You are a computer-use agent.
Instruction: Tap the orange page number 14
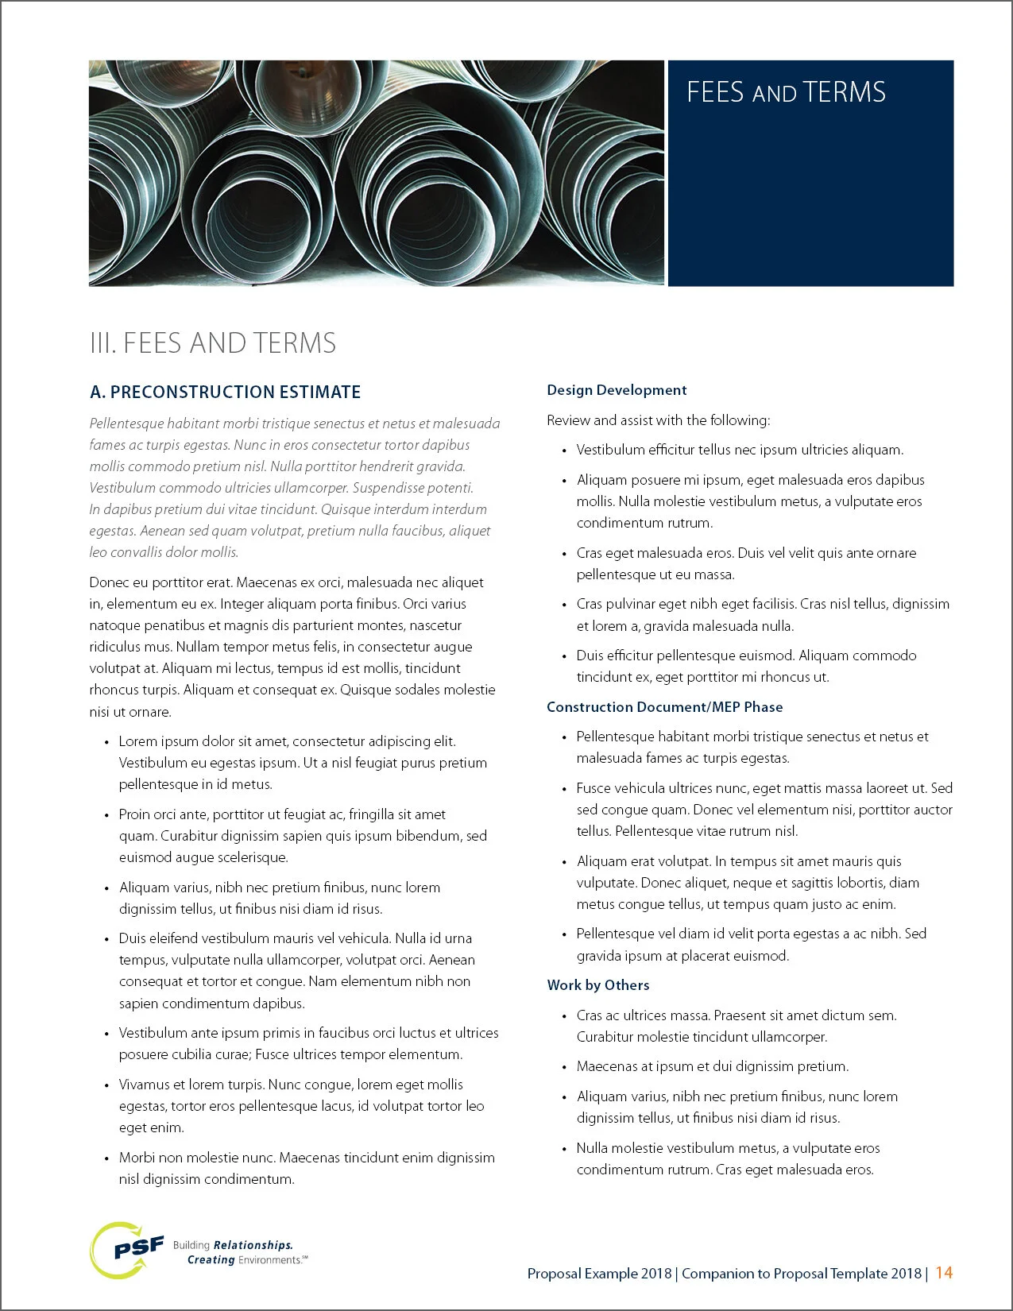click(944, 1272)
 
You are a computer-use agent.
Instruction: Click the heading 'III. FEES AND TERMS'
click(213, 343)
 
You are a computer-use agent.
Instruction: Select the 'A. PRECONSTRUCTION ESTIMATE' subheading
click(226, 392)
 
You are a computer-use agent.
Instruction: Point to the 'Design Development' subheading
click(617, 390)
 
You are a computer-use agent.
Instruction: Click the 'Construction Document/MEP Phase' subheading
click(665, 707)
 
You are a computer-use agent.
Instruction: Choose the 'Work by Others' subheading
click(598, 985)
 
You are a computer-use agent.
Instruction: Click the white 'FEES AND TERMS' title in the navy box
click(786, 93)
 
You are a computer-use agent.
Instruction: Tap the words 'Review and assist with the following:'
click(658, 420)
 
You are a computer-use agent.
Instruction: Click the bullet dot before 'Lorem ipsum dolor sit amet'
click(107, 742)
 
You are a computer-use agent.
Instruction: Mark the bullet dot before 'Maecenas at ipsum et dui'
click(565, 1067)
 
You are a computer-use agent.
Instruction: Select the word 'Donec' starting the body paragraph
click(108, 582)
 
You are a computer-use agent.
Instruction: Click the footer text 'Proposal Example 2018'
click(599, 1274)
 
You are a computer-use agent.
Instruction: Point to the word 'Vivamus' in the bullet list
click(144, 1085)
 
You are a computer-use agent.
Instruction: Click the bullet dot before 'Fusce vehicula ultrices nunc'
click(565, 789)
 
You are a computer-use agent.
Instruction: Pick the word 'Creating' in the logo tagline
click(211, 1259)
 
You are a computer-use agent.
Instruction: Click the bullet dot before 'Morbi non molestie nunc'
click(107, 1158)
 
